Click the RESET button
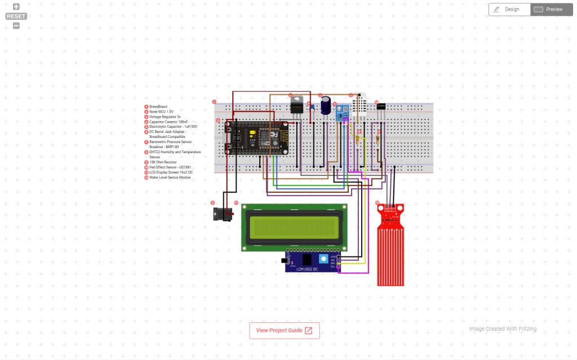coord(16,16)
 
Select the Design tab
coord(509,10)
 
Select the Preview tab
coord(551,10)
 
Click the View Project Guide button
coord(284,331)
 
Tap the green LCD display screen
coord(294,228)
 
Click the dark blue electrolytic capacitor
coord(326,106)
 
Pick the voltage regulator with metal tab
coord(296,105)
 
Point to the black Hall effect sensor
coord(381,106)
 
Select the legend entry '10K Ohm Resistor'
coord(163,162)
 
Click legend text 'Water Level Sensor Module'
coord(170,177)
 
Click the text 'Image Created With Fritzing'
coord(503,329)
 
